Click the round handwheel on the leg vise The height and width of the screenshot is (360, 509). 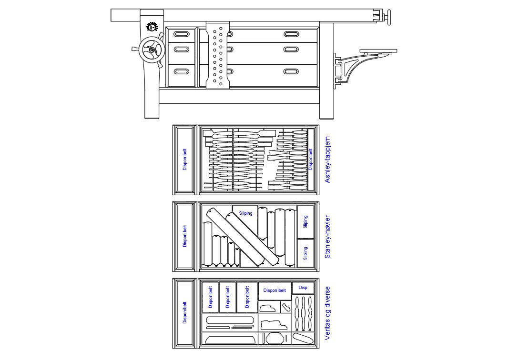point(151,50)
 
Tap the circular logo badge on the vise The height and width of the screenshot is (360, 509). point(152,27)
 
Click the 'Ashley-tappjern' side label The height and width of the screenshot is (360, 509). point(327,160)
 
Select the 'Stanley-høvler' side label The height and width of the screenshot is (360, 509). point(327,237)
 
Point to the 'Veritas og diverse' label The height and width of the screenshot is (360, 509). point(327,313)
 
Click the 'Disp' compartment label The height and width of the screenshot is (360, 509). point(303,287)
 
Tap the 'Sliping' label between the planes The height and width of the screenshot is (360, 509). point(245,213)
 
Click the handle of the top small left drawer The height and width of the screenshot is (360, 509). point(181,34)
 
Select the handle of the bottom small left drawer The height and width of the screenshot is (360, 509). point(181,71)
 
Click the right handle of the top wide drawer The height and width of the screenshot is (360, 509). point(291,34)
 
